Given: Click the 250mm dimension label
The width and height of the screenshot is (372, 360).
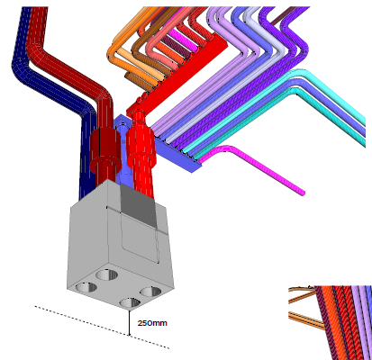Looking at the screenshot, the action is tap(152, 323).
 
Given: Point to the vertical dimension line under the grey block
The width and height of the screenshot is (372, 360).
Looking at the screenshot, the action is tap(130, 323).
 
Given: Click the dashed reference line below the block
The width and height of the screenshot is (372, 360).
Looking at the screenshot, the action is tap(102, 328).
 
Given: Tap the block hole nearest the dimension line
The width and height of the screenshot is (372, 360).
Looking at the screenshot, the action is tap(130, 302).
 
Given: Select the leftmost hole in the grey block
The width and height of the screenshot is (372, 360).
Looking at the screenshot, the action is tap(86, 287).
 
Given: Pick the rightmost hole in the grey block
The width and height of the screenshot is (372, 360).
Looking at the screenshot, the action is tap(151, 292).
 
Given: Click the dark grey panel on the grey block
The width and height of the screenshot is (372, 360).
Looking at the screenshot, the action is tap(139, 206).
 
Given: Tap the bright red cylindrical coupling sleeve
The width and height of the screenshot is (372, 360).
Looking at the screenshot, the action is tap(141, 146).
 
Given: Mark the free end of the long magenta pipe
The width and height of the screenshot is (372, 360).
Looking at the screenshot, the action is tap(303, 193).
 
